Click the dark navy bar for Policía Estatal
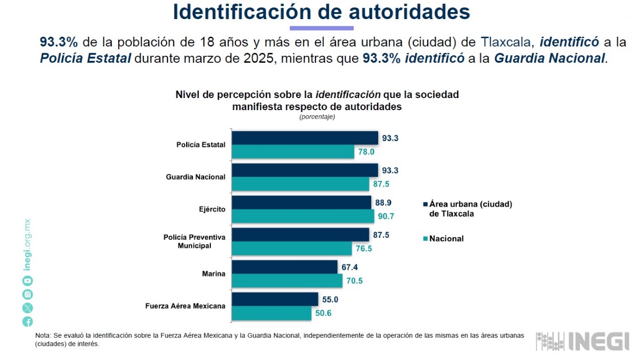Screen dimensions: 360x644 (305, 138)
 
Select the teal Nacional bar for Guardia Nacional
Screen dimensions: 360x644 (300, 184)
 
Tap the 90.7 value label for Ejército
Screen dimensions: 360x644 (386, 216)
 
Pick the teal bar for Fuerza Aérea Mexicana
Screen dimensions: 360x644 (271, 313)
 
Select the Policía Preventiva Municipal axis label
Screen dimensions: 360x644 (194, 241)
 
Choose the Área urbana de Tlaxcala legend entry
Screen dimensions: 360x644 (470, 209)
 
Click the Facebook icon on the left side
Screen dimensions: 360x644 (28, 322)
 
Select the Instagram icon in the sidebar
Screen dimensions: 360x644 (28, 295)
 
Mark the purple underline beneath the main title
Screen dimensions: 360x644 (321, 28)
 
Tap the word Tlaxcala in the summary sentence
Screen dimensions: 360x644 (505, 42)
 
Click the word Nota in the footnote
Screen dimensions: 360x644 (42, 335)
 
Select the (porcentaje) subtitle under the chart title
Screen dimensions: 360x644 (317, 117)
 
